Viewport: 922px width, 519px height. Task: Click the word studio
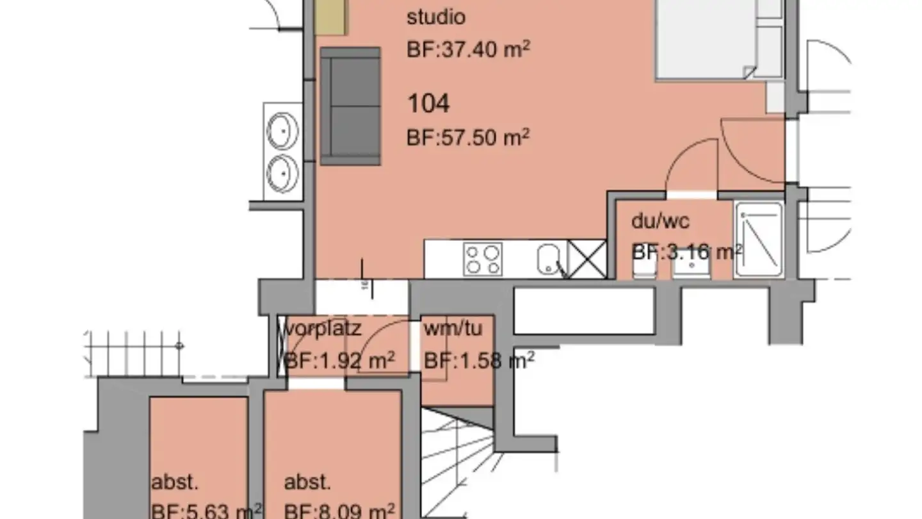tap(436, 17)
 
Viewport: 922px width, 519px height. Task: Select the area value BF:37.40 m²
tap(468, 49)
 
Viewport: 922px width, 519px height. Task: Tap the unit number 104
tap(428, 103)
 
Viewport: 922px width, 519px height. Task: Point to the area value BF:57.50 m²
tap(468, 137)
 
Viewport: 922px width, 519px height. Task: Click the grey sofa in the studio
tap(350, 106)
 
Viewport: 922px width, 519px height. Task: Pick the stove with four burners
tap(483, 259)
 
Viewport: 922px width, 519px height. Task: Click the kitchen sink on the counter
tap(550, 259)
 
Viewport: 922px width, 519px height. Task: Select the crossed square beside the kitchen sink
tap(587, 259)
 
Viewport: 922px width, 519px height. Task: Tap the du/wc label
tap(660, 222)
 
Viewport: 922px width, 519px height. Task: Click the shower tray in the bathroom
tap(759, 240)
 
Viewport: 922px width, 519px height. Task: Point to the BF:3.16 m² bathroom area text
tap(686, 252)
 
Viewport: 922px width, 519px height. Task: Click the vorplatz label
tap(322, 329)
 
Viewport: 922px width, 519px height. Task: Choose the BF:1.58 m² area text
tap(479, 361)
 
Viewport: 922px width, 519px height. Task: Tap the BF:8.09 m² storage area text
tap(337, 511)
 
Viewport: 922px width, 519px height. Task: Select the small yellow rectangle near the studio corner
tap(330, 17)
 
